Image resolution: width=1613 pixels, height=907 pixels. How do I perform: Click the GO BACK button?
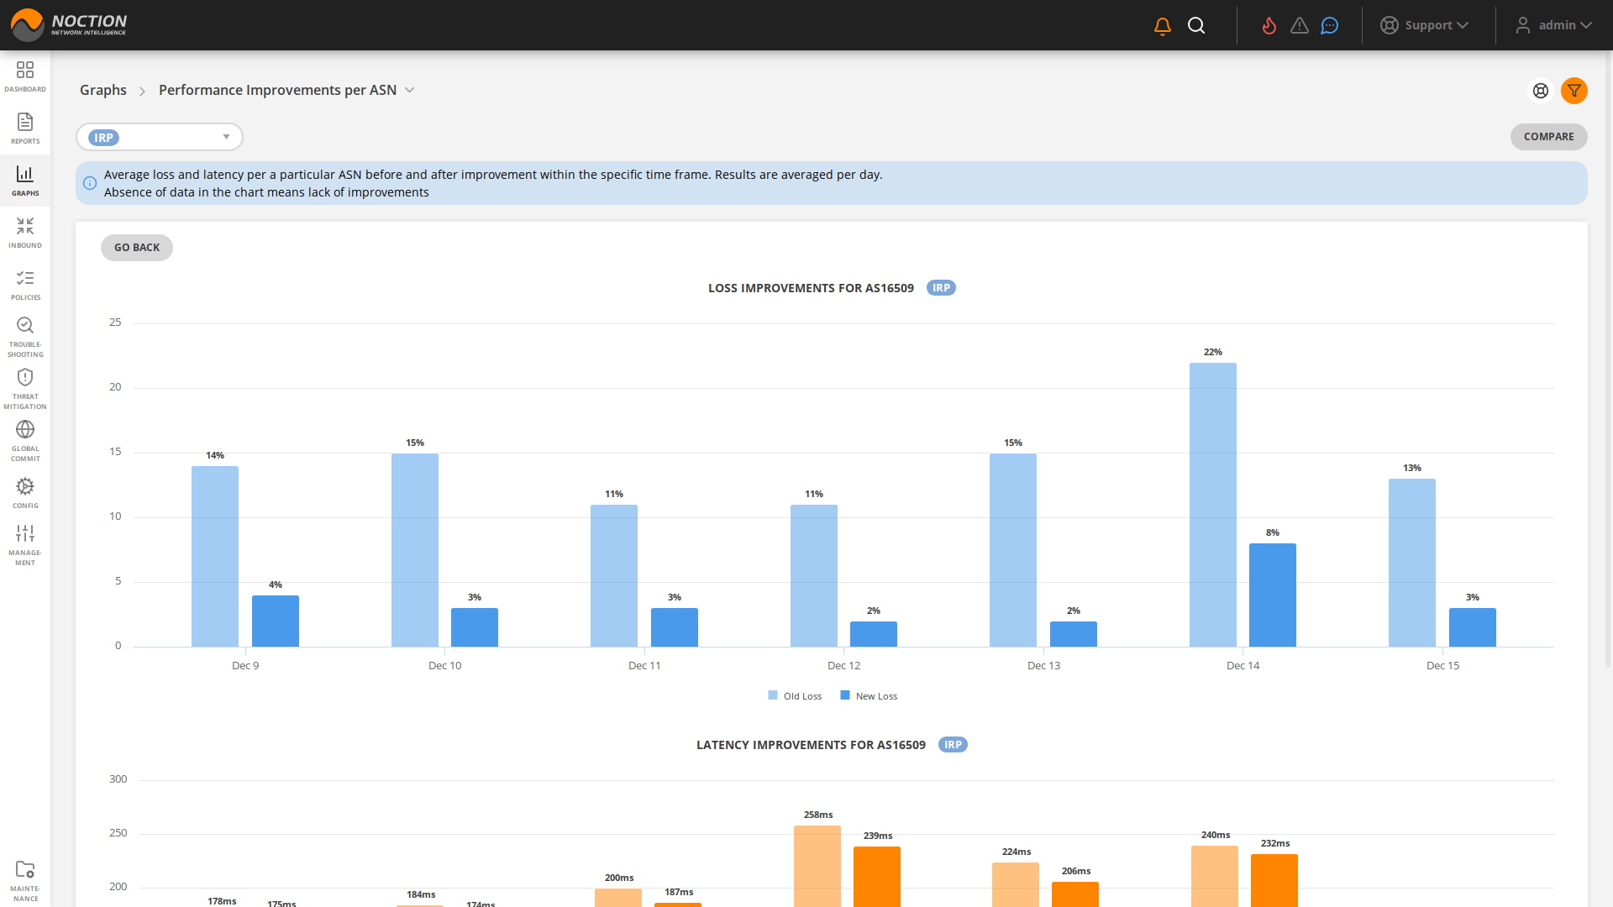(x=136, y=248)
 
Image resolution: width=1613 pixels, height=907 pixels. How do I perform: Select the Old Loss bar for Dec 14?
(x=1212, y=504)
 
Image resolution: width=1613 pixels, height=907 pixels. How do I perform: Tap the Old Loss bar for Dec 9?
(x=215, y=556)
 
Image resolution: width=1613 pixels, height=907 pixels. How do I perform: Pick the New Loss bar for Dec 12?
(x=873, y=634)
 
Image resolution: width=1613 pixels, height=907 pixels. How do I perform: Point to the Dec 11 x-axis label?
(x=644, y=666)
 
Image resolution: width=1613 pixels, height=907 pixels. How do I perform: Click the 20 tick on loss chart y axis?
(x=115, y=387)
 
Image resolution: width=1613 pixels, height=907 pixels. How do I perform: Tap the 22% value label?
(x=1212, y=353)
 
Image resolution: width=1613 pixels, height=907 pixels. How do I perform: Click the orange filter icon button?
(x=1574, y=91)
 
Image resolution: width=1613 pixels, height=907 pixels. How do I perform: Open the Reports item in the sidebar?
(x=25, y=128)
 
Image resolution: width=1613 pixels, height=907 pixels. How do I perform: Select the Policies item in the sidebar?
(x=25, y=285)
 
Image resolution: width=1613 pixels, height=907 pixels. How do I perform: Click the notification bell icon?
(x=1162, y=26)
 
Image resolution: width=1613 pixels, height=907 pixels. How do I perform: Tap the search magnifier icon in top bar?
(x=1196, y=26)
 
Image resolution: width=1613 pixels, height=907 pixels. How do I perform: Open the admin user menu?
(x=1554, y=25)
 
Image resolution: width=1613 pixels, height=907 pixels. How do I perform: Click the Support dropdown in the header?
(x=1425, y=25)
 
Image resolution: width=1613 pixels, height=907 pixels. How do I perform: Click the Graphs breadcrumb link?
(x=102, y=90)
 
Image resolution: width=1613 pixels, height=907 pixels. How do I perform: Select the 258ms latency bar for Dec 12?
(x=817, y=865)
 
